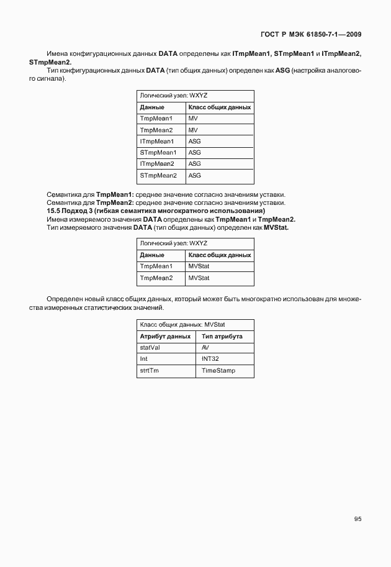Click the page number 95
point(357,519)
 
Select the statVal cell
point(151,348)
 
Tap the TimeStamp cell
point(218,371)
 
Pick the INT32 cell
point(210,360)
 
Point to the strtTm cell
point(150,371)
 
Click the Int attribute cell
point(144,360)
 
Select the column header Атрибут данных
point(165,337)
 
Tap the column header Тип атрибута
point(222,337)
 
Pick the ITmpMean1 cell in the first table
point(157,141)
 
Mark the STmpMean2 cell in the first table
point(158,176)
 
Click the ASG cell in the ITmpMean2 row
point(194,164)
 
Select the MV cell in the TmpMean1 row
point(192,118)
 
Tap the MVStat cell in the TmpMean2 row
point(199,278)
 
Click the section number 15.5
point(54,211)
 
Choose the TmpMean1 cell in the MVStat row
point(156,266)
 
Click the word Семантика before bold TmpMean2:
point(64,203)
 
